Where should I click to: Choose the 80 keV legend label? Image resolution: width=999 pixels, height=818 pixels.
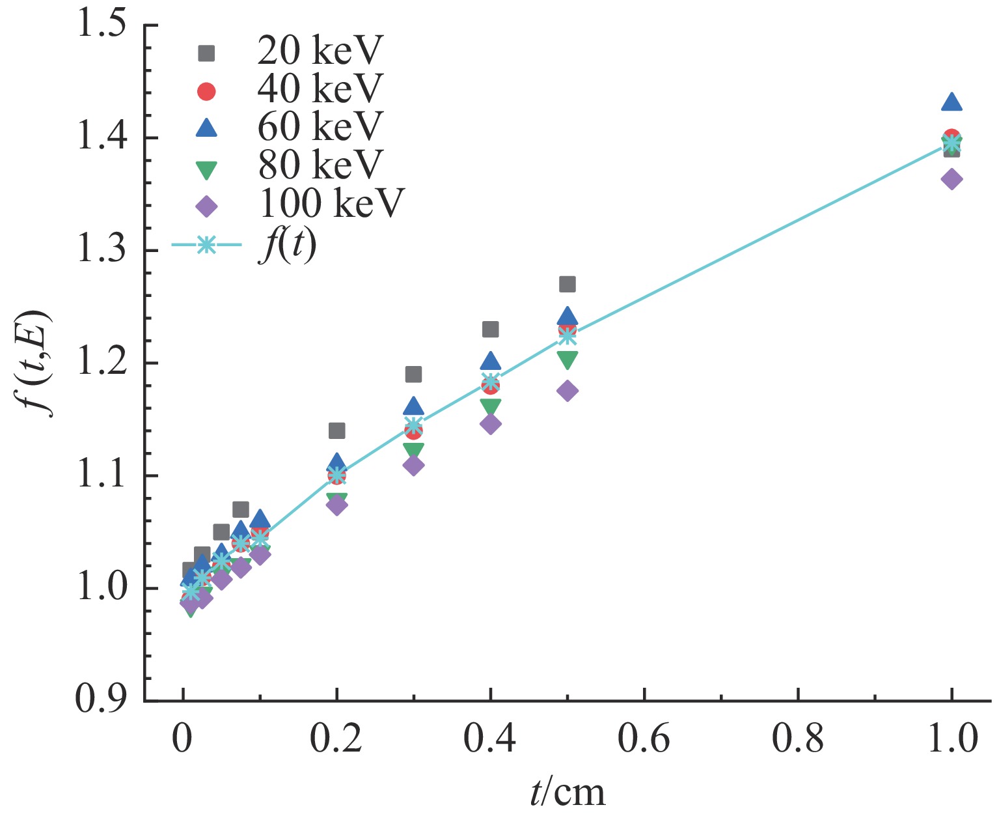tap(320, 164)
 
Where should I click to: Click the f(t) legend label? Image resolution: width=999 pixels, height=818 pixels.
tap(287, 245)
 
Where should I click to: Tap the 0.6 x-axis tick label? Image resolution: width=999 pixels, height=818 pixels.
tap(644, 740)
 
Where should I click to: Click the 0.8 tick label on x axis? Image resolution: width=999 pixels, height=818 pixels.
tap(797, 740)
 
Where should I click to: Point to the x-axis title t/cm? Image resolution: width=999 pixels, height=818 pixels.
tap(567, 792)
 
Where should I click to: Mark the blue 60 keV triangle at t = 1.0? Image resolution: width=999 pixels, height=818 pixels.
tap(951, 102)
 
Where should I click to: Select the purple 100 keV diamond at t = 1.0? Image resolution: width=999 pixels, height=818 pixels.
tap(951, 179)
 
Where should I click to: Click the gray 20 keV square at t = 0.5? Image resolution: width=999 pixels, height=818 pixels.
tap(568, 284)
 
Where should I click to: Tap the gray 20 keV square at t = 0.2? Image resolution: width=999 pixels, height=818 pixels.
tap(336, 430)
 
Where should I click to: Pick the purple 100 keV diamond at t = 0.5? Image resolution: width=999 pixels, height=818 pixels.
tap(568, 391)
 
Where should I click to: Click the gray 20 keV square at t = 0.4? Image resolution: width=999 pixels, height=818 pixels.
tap(490, 330)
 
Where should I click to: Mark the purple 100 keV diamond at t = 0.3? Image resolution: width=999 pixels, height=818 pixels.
tap(413, 465)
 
